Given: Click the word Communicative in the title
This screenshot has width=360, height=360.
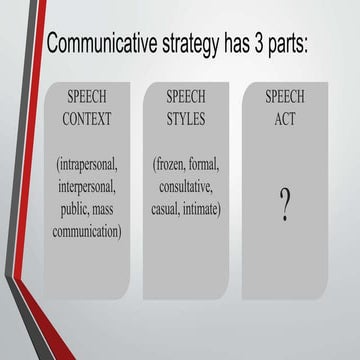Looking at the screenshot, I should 108,47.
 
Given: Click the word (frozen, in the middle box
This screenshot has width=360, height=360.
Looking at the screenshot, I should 169,163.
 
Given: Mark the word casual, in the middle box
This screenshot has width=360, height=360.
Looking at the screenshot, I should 163,208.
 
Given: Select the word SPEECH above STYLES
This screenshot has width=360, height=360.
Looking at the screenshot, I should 186,97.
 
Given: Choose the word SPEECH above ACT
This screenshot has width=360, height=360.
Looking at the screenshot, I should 285,97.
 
